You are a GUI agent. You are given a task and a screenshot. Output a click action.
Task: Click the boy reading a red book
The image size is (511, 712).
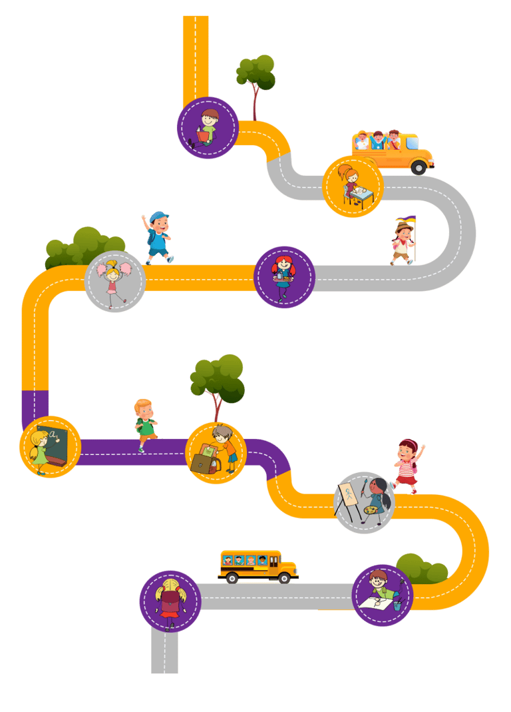206,127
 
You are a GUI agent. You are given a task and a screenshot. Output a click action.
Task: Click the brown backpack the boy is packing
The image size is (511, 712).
204,460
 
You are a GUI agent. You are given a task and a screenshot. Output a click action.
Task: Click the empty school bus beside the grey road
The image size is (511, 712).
257,565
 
